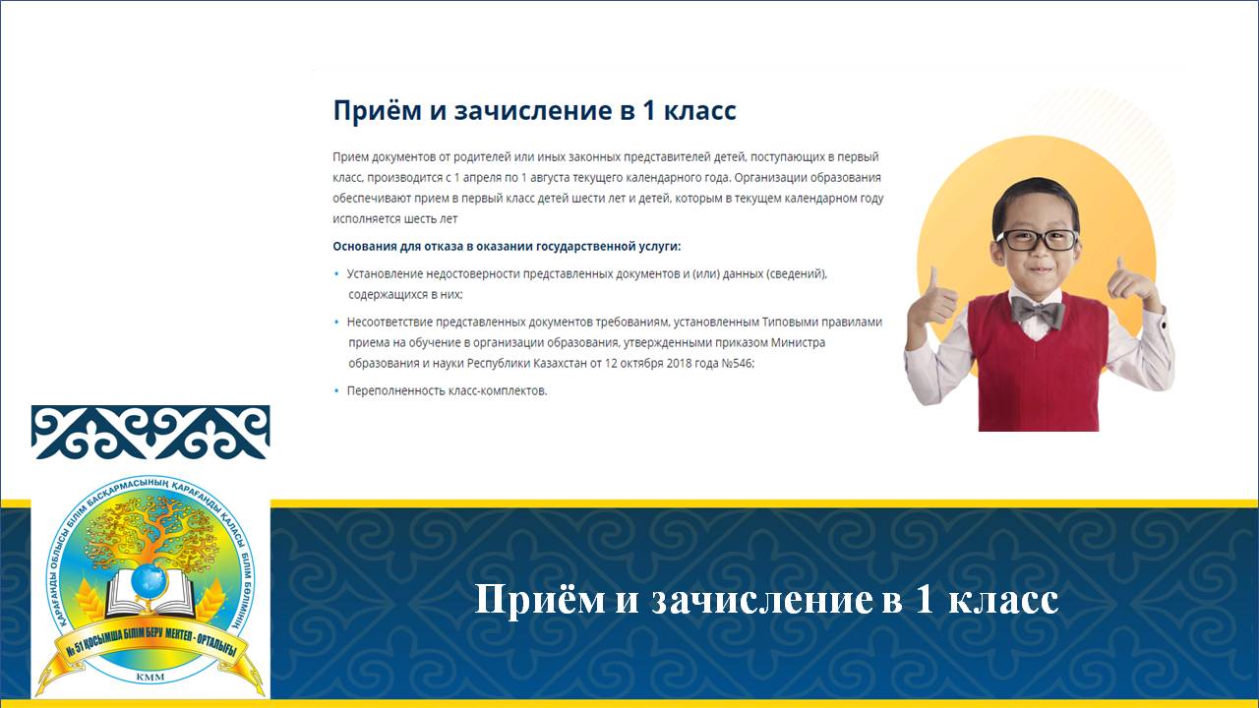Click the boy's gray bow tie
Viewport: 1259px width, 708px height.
pos(1038,312)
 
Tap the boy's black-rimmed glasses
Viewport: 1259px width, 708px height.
pos(1038,240)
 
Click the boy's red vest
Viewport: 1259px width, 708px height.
pos(1038,365)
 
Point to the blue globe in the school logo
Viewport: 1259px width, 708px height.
pos(150,581)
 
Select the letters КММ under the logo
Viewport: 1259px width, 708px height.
pos(150,678)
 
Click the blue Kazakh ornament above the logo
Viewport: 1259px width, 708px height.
pos(150,432)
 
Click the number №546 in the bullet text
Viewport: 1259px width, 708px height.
pos(738,363)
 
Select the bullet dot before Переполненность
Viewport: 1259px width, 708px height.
pos(336,390)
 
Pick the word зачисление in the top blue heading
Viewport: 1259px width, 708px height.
pos(533,110)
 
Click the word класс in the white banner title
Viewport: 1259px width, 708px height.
pos(1003,599)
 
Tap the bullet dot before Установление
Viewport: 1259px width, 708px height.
pos(336,273)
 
